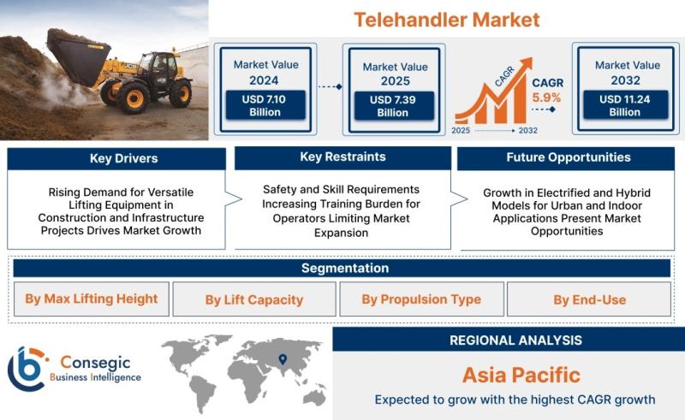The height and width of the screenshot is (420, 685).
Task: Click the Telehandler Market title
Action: (446, 20)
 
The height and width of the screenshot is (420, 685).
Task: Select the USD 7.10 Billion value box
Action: (265, 105)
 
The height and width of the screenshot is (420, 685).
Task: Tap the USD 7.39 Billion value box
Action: (393, 106)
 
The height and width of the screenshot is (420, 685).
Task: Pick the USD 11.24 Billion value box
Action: (625, 105)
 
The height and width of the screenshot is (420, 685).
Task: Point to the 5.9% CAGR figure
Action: (546, 98)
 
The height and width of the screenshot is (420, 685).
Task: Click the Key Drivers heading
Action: (123, 158)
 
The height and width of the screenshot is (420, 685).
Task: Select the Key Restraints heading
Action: (343, 157)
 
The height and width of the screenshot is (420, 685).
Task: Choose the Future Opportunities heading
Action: (569, 157)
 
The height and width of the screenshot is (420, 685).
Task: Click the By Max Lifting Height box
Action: (92, 299)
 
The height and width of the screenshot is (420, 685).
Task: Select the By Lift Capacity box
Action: (254, 299)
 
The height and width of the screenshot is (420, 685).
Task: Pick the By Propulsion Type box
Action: (421, 299)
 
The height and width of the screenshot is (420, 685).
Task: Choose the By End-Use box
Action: (589, 299)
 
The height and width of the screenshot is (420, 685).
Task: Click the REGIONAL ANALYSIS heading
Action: (516, 340)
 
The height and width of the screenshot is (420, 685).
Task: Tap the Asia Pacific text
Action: (521, 375)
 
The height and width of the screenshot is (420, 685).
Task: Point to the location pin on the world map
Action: (283, 359)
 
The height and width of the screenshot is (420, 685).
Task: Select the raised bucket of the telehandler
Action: (78, 56)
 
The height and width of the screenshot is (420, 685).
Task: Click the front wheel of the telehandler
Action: (133, 98)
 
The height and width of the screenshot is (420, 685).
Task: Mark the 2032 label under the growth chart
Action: (527, 131)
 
